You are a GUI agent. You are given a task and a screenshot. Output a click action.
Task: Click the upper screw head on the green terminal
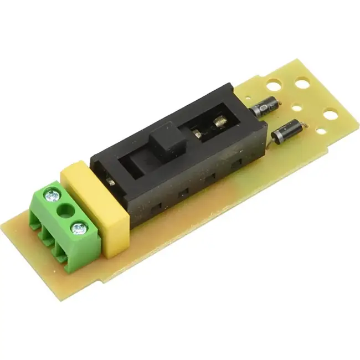54,195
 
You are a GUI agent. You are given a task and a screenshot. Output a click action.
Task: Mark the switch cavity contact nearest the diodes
220,119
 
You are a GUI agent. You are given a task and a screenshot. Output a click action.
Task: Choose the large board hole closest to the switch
272,85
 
